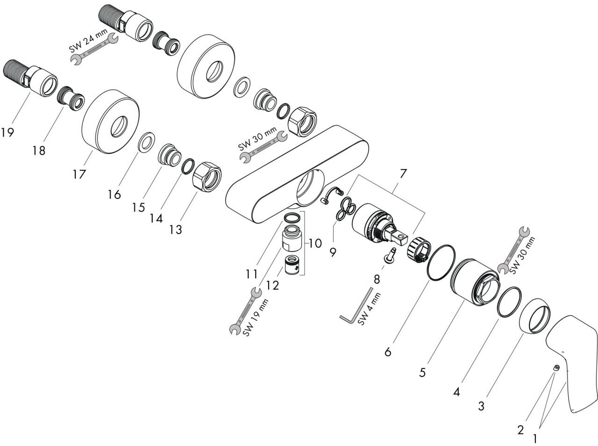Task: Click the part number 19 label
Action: coord(7,132)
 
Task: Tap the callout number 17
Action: coord(79,174)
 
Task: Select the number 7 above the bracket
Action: coord(403,173)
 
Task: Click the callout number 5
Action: coord(422,372)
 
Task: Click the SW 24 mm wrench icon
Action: coord(93,49)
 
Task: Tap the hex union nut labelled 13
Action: coord(206,176)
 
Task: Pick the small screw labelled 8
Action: coord(390,255)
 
